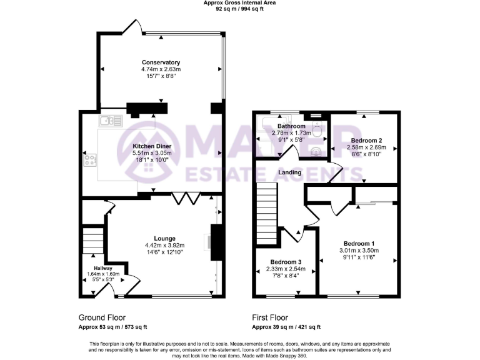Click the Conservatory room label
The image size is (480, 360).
coord(161,62)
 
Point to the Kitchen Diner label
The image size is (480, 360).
coord(148,146)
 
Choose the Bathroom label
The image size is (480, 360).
coord(291,126)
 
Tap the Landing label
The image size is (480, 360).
coord(291,172)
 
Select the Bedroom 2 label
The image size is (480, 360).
coord(366,141)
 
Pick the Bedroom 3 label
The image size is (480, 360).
coord(286,262)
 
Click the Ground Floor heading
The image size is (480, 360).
coord(101,317)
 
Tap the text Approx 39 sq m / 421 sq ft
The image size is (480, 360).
coord(286,327)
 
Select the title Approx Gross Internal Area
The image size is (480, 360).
coord(240,3)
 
